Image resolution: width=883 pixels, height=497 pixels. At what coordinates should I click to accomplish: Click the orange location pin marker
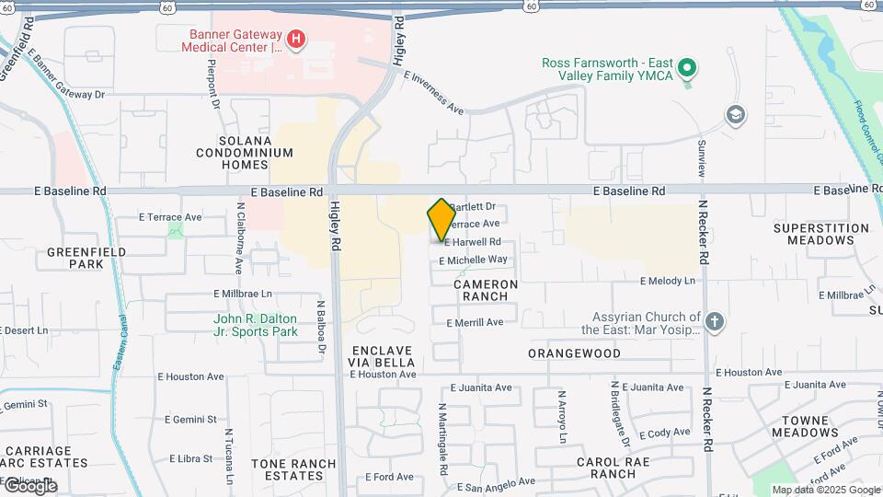(441, 220)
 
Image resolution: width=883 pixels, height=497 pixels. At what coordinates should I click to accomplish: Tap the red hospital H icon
(296, 39)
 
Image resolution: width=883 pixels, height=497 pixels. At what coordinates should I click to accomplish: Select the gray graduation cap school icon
(735, 115)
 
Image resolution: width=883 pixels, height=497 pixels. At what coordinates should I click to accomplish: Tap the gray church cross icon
(716, 321)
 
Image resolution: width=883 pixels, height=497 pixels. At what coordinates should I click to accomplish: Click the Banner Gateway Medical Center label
(235, 41)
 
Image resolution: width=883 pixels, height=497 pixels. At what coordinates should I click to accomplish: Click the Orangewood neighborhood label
(574, 353)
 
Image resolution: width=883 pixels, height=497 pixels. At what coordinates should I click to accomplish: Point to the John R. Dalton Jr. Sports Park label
(256, 325)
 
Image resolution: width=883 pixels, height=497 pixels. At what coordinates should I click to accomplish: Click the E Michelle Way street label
(474, 260)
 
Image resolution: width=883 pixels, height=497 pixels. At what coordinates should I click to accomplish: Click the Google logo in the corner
(29, 485)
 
